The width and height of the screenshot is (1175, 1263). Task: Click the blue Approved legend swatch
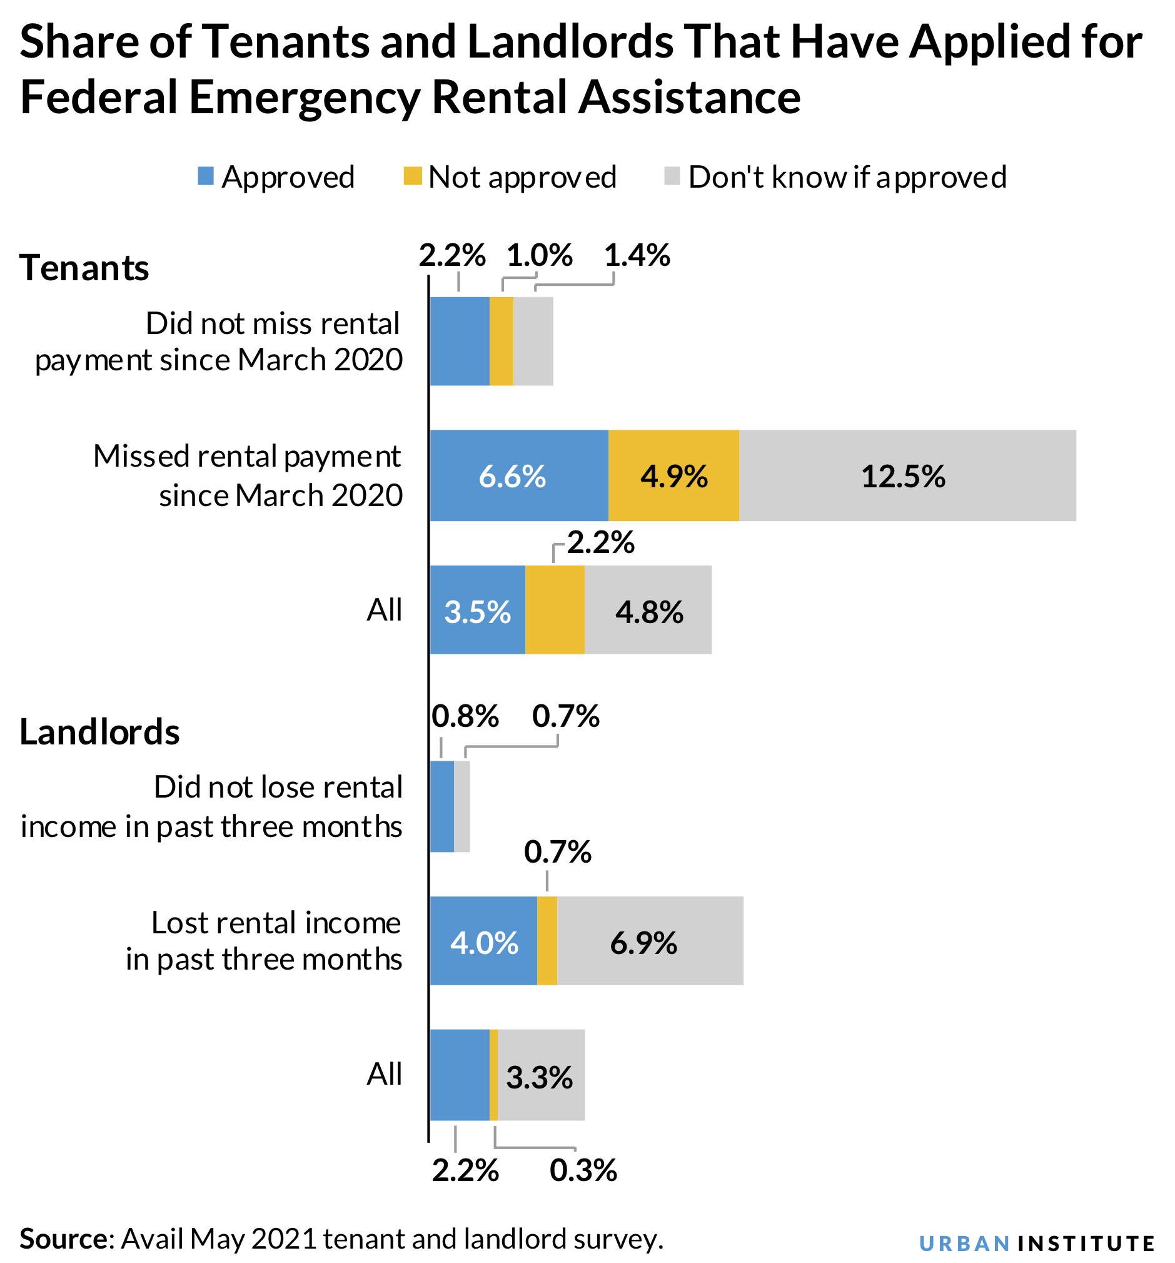(206, 176)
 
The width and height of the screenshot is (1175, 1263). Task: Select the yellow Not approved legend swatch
(412, 176)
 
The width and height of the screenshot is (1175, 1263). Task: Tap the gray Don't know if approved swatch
(672, 176)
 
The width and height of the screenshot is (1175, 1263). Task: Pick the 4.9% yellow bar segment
(673, 475)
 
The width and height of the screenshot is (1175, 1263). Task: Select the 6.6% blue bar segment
(518, 475)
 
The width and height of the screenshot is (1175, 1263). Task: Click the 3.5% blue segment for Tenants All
(477, 610)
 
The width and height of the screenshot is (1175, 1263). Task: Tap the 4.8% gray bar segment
(648, 610)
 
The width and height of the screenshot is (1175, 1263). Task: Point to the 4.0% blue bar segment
(483, 941)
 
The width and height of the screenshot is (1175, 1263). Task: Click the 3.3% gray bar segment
(540, 1075)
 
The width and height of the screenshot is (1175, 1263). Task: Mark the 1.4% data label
(637, 255)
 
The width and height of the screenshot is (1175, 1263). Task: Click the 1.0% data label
(539, 255)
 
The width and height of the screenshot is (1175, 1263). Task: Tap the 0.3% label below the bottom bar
(583, 1170)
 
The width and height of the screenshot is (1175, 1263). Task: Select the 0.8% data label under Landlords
(465, 716)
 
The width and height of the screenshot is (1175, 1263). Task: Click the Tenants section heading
(84, 268)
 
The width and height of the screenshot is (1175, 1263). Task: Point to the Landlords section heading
(99, 731)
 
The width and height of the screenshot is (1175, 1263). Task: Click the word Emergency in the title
(305, 97)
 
